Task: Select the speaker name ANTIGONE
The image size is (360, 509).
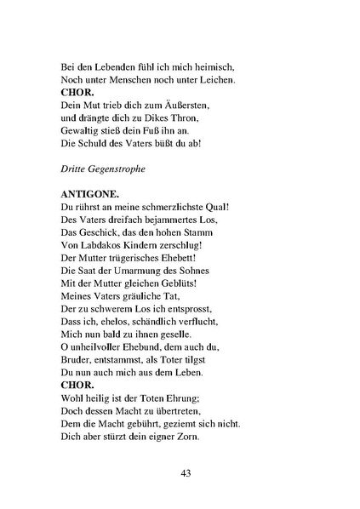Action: coord(93,193)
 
